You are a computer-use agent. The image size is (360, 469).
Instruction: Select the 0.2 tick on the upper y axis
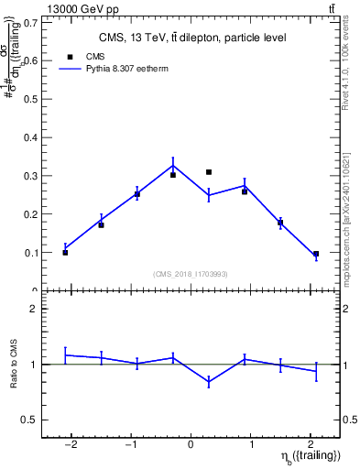tap(29, 213)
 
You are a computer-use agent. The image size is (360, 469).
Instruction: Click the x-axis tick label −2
tap(71, 445)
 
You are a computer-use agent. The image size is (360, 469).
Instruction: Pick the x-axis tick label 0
tap(191, 445)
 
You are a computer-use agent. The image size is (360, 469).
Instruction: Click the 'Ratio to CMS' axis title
tap(14, 365)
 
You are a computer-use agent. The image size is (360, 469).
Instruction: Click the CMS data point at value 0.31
tap(209, 172)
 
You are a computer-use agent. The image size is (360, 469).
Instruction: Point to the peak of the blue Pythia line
tap(173, 166)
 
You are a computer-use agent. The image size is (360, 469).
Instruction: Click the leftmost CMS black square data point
tap(65, 252)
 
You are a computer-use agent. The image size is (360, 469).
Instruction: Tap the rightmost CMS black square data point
tap(316, 254)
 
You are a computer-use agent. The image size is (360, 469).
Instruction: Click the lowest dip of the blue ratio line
tap(209, 382)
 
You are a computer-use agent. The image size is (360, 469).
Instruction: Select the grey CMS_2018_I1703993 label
tap(191, 273)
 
